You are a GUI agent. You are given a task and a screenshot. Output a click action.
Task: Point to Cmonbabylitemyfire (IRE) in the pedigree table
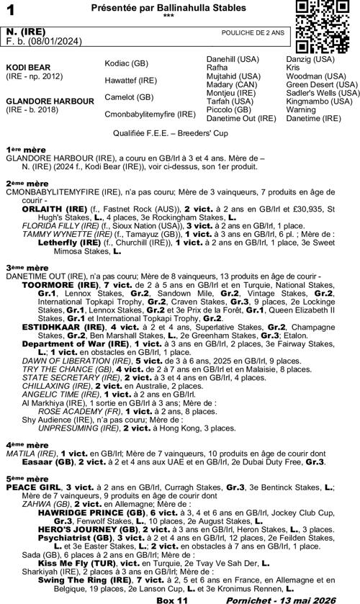pos(150,114)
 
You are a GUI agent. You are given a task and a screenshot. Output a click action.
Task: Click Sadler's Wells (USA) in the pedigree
pos(323,93)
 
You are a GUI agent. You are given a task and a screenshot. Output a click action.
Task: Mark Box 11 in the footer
pos(172,598)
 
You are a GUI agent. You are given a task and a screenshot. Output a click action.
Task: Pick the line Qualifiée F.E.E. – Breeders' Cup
pos(180,133)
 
